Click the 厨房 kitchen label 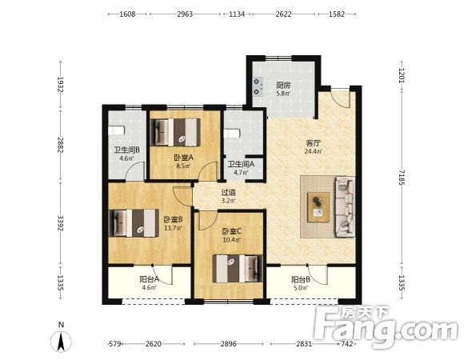[283, 85]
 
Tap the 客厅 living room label [313, 142]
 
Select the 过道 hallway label [229, 192]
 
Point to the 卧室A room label [183, 158]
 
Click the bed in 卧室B [134, 223]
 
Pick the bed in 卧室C [238, 269]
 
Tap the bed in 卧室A [175, 133]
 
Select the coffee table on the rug [318, 207]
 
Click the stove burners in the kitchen [258, 86]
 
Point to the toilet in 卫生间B [116, 130]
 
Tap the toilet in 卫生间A [232, 133]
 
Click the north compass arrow [61, 342]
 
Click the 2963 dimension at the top [185, 14]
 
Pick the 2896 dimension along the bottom [229, 343]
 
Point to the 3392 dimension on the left [61, 223]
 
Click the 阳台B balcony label [301, 280]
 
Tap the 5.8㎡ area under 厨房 [283, 94]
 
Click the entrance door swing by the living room [341, 98]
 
